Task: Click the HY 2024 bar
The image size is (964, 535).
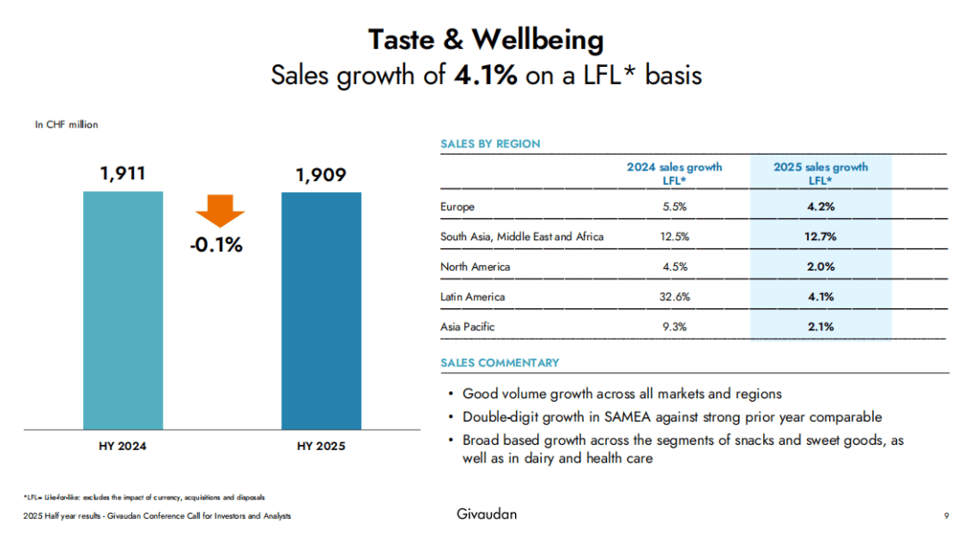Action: pyautogui.click(x=123, y=310)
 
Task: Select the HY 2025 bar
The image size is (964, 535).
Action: pyautogui.click(x=321, y=310)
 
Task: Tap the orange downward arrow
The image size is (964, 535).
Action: pyautogui.click(x=219, y=212)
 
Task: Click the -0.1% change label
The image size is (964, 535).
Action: pyautogui.click(x=216, y=244)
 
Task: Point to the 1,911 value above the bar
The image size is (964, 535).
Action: pyautogui.click(x=123, y=173)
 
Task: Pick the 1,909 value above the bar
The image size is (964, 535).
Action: pyautogui.click(x=320, y=175)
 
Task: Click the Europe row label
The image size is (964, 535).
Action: pyautogui.click(x=457, y=207)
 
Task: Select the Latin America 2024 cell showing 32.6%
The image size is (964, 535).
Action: pyautogui.click(x=674, y=297)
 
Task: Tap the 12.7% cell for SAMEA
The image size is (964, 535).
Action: pyautogui.click(x=820, y=237)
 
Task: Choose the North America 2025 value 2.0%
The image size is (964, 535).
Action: pyautogui.click(x=820, y=267)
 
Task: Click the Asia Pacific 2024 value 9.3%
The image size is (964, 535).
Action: pyautogui.click(x=674, y=327)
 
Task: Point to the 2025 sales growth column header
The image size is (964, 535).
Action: pyautogui.click(x=820, y=173)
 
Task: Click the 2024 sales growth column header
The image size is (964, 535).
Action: pyautogui.click(x=674, y=173)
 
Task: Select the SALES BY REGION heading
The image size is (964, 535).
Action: pyautogui.click(x=490, y=144)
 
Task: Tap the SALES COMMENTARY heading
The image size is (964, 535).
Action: pyautogui.click(x=500, y=363)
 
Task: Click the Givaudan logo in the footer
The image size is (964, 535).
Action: pyautogui.click(x=486, y=514)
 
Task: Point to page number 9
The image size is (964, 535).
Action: pyautogui.click(x=945, y=515)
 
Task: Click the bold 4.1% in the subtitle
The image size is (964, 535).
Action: pyautogui.click(x=486, y=75)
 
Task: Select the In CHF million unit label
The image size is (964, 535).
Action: pyautogui.click(x=66, y=125)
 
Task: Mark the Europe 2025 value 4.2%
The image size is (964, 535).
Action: pyautogui.click(x=820, y=207)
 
